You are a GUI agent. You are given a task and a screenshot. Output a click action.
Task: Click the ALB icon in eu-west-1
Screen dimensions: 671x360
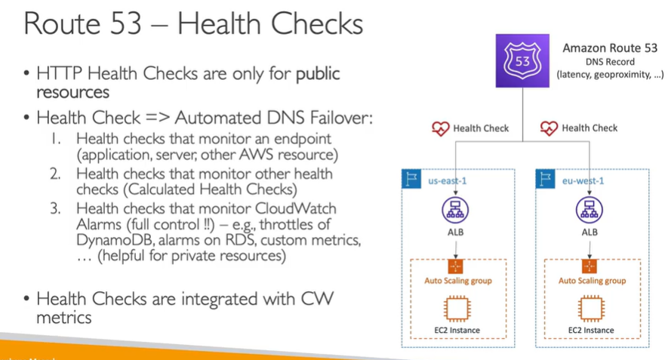589,210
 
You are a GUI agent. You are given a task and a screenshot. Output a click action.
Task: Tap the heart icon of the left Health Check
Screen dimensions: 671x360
440,128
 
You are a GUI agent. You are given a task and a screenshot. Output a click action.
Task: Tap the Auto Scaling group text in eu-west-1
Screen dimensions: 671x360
592,281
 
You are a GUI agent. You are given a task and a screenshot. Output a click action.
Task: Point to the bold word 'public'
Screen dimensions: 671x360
318,74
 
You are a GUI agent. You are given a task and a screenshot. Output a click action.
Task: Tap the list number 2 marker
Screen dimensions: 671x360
56,174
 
